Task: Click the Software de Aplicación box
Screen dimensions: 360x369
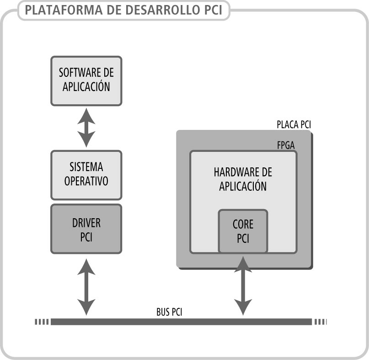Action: click(86, 80)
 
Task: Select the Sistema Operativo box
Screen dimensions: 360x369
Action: click(86, 175)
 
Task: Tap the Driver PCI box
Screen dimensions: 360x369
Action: click(86, 229)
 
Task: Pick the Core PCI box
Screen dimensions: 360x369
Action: click(243, 231)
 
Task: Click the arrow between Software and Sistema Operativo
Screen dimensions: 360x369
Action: click(86, 128)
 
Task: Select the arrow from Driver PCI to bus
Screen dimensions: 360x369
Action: click(86, 286)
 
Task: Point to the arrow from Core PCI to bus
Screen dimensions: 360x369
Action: click(243, 286)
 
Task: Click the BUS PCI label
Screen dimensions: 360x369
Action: click(170, 312)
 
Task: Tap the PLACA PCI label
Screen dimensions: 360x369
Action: click(294, 124)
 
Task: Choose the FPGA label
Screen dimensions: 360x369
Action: click(286, 145)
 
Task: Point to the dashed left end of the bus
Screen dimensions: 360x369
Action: click(42, 322)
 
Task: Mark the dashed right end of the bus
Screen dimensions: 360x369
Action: click(320, 322)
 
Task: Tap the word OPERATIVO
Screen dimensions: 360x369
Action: click(86, 181)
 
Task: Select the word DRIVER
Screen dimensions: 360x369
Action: click(86, 223)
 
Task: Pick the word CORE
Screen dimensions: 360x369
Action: click(243, 225)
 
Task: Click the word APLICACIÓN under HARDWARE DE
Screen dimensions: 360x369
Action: click(243, 186)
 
